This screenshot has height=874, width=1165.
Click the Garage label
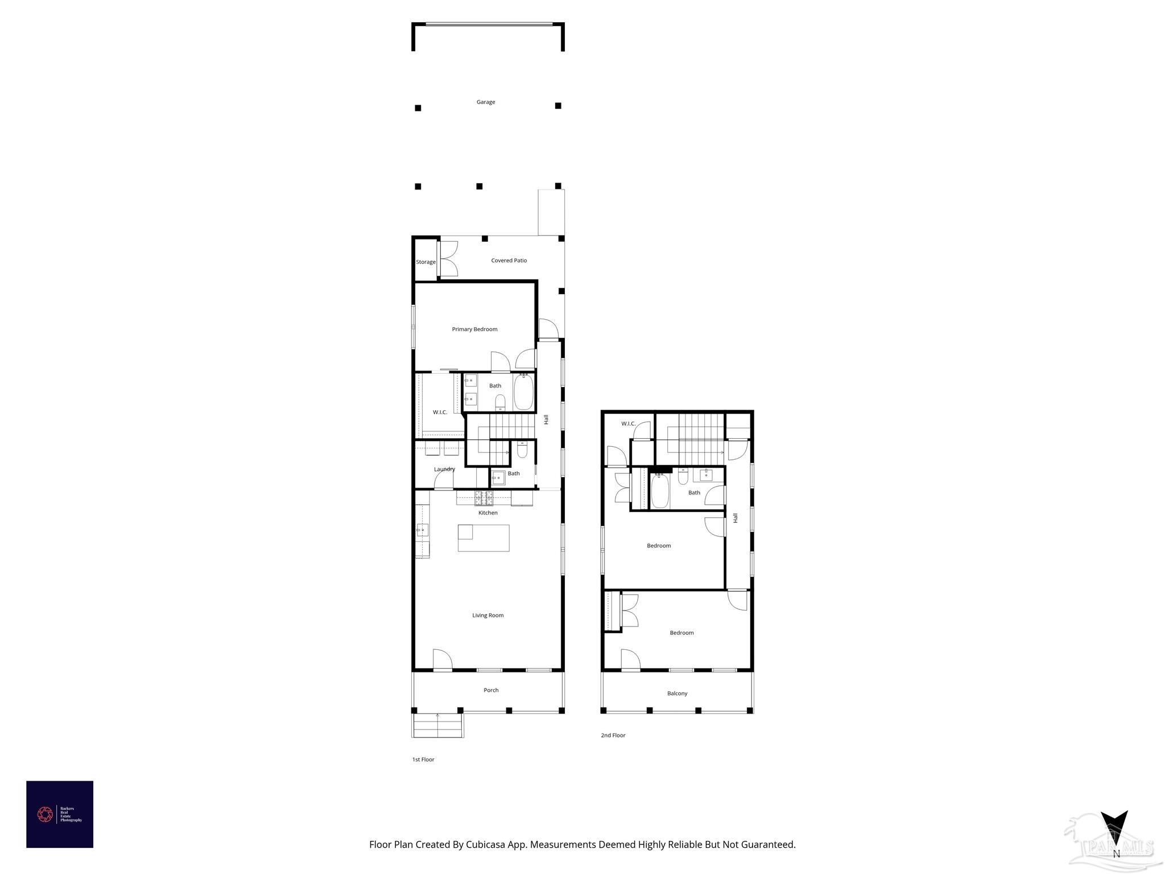coord(485,102)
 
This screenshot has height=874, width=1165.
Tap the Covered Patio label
coord(509,261)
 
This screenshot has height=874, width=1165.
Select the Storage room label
coord(425,262)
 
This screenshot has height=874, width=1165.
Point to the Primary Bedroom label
coord(474,329)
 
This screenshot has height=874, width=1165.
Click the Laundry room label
coord(444,469)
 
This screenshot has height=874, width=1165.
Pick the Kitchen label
coord(488,513)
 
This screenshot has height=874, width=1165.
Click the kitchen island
coord(484,538)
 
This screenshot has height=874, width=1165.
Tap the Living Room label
coord(488,616)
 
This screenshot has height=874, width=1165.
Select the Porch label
coord(491,690)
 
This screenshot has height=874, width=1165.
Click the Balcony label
coord(677,694)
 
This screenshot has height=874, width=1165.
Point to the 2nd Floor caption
coord(613,736)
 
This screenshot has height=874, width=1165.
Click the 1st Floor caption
coord(423,760)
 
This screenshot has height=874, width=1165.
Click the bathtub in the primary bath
coord(523,392)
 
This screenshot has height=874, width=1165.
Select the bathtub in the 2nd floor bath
coord(659,490)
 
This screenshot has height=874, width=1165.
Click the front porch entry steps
coord(437,725)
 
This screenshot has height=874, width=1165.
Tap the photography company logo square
coord(60,814)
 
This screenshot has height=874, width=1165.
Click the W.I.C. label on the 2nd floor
coord(628,424)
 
